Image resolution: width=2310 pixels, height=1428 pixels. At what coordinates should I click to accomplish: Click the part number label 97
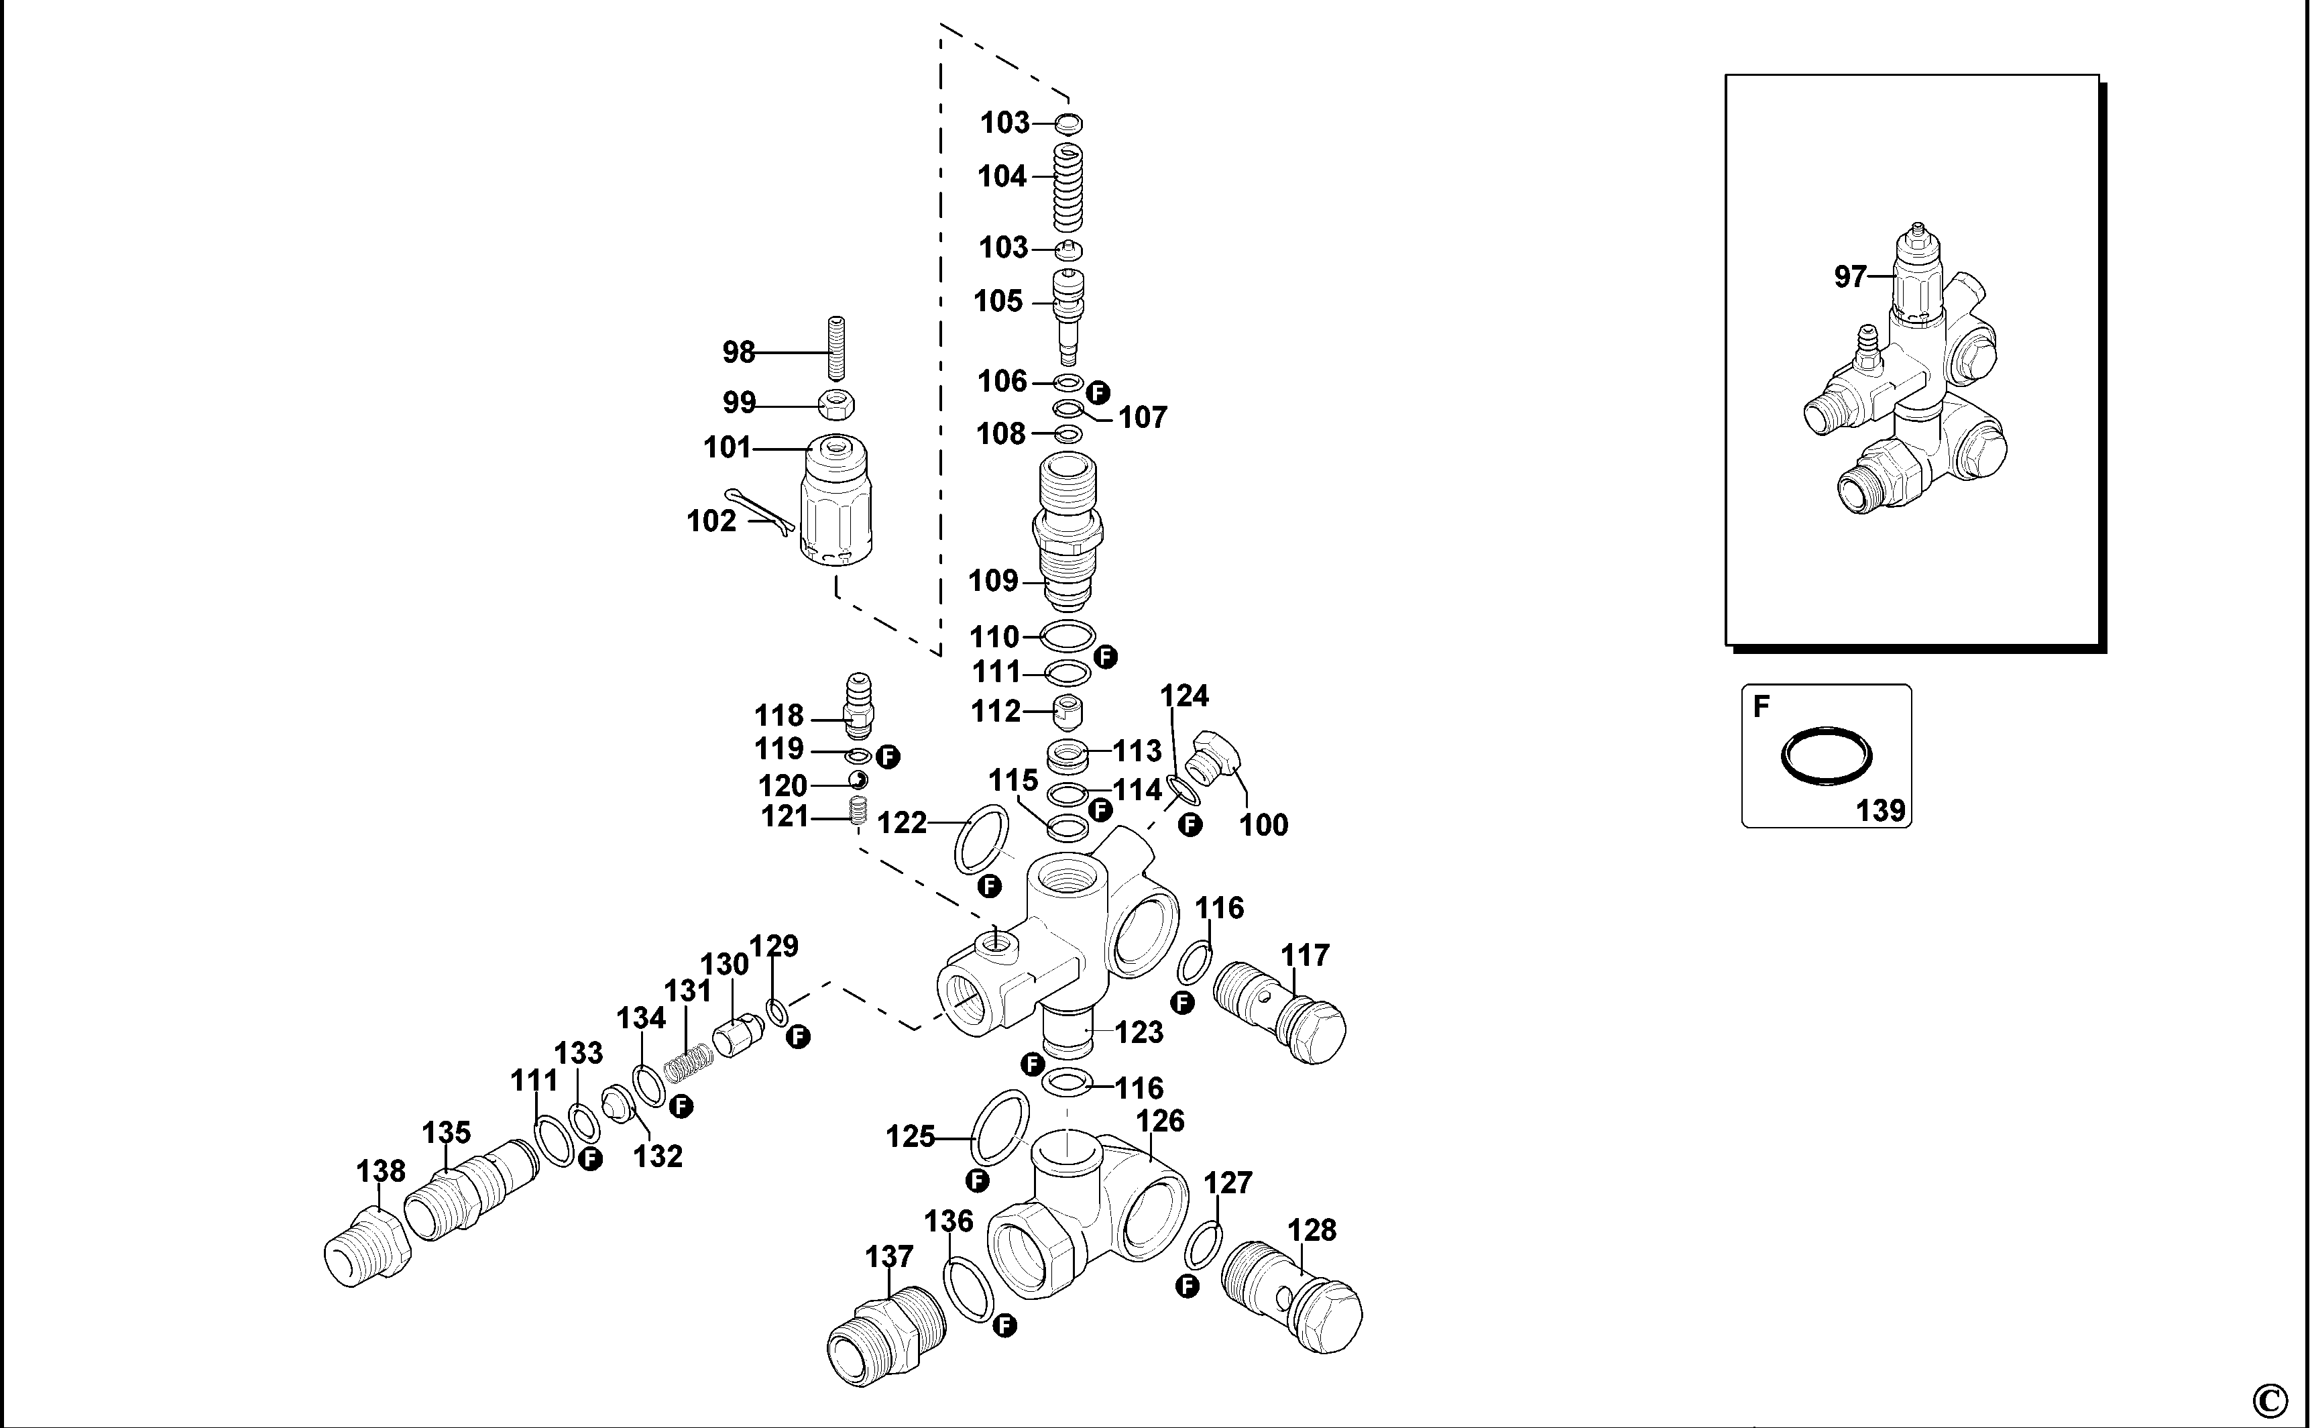1850,277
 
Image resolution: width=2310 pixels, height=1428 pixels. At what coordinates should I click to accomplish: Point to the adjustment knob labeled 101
836,505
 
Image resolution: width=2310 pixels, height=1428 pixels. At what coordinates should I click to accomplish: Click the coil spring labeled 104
1067,189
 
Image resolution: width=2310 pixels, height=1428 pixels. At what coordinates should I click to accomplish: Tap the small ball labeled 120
858,781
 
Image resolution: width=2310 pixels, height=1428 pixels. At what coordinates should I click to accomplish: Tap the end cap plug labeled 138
367,1248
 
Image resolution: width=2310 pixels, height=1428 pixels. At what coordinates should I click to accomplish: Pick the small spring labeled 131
687,1062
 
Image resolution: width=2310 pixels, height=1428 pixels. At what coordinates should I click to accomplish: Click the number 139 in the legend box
1880,810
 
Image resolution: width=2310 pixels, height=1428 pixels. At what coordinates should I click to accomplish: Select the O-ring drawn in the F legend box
1826,755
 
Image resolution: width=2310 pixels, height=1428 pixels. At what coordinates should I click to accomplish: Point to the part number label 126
1159,1121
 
